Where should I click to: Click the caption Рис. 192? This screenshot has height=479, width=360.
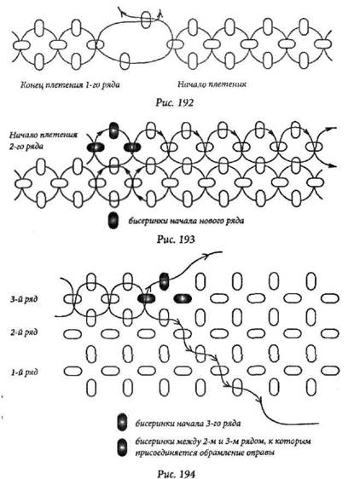175,102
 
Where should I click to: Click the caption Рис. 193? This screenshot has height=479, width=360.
176,239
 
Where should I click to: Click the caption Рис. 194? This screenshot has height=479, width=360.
176,474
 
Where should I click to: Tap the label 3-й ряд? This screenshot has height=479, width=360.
24,299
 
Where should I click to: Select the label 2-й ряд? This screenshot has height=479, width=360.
24,332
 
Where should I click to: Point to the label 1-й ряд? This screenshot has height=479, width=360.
25,372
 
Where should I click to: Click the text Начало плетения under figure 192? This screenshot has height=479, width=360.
212,84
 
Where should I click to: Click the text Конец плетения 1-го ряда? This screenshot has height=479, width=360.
70,84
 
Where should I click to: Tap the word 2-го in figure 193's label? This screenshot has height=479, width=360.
17,147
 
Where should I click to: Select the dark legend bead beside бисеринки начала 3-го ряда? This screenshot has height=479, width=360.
122,423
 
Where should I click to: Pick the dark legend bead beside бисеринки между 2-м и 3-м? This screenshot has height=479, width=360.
122,447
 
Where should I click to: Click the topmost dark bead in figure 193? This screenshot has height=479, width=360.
113,130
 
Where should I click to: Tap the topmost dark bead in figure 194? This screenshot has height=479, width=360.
165,281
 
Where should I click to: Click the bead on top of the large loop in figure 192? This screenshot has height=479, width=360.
146,20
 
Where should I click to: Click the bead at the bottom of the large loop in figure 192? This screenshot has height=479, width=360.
125,61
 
